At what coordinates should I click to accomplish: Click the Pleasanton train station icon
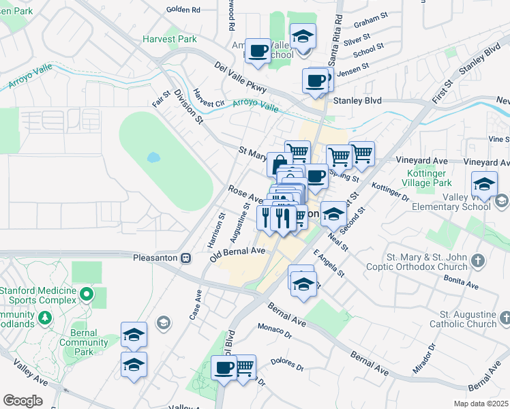[185, 258]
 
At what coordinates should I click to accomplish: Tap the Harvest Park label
[170, 39]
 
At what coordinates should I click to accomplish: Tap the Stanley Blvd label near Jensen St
[356, 100]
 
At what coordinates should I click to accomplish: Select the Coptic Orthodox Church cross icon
[478, 261]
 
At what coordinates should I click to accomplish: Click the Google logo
[22, 401]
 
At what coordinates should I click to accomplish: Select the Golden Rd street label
[183, 10]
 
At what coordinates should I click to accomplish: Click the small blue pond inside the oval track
[153, 157]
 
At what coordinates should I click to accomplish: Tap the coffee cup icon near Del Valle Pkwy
[258, 51]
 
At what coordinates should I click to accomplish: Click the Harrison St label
[212, 231]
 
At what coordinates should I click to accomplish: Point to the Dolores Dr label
[286, 364]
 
